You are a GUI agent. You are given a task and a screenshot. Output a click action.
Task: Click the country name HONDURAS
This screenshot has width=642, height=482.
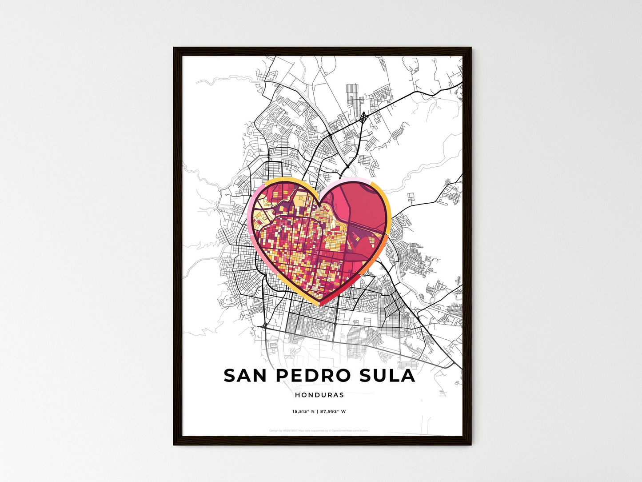[x=319, y=395]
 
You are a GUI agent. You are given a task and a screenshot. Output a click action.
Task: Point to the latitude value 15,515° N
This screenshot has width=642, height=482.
[x=303, y=411]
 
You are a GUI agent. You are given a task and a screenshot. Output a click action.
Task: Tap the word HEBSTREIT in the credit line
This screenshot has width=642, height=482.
[x=291, y=430]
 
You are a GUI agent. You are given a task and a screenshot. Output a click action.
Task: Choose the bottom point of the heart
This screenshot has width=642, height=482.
[x=319, y=305]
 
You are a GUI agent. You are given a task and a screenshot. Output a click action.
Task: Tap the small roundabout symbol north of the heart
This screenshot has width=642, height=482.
[x=364, y=117]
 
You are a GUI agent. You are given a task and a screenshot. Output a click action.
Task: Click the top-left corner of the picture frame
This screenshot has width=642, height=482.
[x=174, y=48]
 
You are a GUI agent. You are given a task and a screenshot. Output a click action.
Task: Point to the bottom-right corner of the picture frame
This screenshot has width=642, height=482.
[x=471, y=444]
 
